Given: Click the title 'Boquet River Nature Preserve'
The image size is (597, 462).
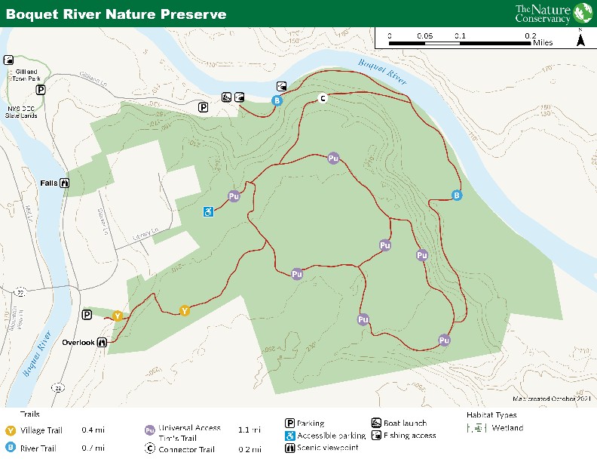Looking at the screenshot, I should click(116, 14).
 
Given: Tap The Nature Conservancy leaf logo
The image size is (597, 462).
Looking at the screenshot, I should click(582, 13).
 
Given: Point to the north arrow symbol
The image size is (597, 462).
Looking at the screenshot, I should click(580, 39).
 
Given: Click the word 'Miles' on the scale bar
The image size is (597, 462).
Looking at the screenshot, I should click(542, 43).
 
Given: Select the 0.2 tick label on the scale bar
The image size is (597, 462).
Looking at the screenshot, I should click(531, 35).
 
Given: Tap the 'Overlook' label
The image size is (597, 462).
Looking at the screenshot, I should click(78, 342).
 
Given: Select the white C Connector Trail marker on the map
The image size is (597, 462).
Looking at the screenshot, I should click(323, 97).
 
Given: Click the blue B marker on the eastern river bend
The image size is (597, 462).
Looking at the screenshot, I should click(456, 196).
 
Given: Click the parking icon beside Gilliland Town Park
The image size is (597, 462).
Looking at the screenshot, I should click(41, 89).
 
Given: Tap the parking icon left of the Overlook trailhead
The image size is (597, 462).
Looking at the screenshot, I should click(87, 315).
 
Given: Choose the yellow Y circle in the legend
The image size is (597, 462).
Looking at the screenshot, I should click(11, 430).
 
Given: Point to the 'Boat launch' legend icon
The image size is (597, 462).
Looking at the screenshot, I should click(377, 423).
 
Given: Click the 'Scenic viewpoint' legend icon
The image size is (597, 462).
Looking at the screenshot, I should click(289, 448).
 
